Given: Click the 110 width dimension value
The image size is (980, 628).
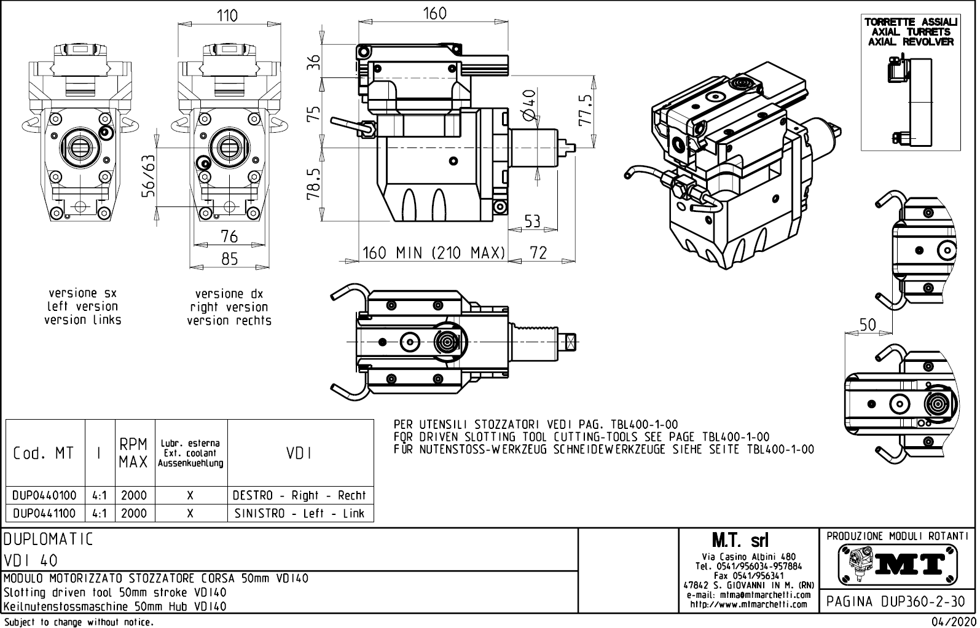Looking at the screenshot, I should (x=227, y=15).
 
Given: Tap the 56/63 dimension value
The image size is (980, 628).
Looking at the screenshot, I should (x=149, y=176).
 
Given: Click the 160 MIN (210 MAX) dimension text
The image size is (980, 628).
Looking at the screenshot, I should (x=434, y=253).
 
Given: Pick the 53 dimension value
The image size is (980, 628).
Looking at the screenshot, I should (x=532, y=221).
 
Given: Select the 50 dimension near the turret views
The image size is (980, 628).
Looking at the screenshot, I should (x=867, y=324).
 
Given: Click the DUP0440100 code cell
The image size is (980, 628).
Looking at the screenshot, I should (x=45, y=495).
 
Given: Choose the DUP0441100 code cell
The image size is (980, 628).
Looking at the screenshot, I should (x=45, y=514).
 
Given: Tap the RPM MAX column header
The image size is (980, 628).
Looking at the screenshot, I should (x=134, y=453).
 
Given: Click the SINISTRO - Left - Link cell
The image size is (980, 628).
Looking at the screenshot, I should (x=300, y=514).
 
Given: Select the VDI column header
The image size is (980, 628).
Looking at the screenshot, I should (x=299, y=453).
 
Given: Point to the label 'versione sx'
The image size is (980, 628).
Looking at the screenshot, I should (x=82, y=293).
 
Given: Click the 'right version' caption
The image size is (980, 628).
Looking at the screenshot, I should (x=229, y=307).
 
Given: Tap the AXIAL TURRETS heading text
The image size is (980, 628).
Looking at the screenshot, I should (x=911, y=32).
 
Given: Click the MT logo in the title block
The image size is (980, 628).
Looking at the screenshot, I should (x=898, y=563).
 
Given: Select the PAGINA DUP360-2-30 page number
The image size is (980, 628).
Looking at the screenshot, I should (x=896, y=602).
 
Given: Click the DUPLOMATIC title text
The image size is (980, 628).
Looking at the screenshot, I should (x=49, y=540).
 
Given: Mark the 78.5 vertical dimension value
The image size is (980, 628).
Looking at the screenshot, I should (x=314, y=185).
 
